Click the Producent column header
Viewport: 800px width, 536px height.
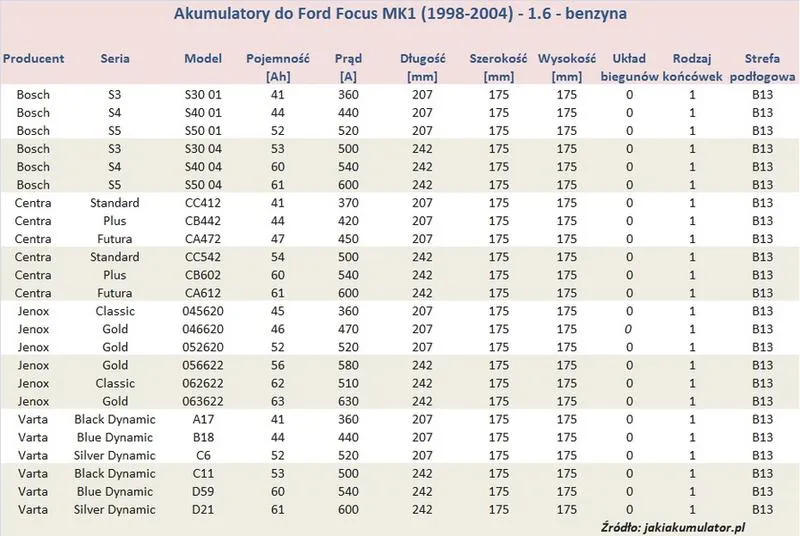coord(33,59)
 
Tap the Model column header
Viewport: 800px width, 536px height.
coord(203,59)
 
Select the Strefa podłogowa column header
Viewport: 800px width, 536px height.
coord(762,67)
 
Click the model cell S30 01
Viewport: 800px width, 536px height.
coord(203,95)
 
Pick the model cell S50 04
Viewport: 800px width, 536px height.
coord(203,185)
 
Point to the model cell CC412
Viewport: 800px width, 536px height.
coord(203,203)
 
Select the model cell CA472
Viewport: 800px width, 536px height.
coord(203,239)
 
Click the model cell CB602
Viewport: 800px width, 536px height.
coord(203,275)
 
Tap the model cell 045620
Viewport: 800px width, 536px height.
coord(203,311)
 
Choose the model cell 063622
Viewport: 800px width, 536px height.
coord(203,401)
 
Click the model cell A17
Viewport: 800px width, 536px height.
coord(203,419)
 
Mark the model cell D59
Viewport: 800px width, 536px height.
coord(203,492)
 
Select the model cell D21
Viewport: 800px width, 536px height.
coord(203,509)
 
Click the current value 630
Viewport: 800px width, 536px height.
coord(348,401)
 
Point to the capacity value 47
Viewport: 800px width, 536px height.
coord(278,239)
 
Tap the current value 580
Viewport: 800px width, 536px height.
coord(348,365)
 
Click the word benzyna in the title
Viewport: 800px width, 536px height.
coord(596,14)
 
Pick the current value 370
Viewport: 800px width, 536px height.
coord(348,203)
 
